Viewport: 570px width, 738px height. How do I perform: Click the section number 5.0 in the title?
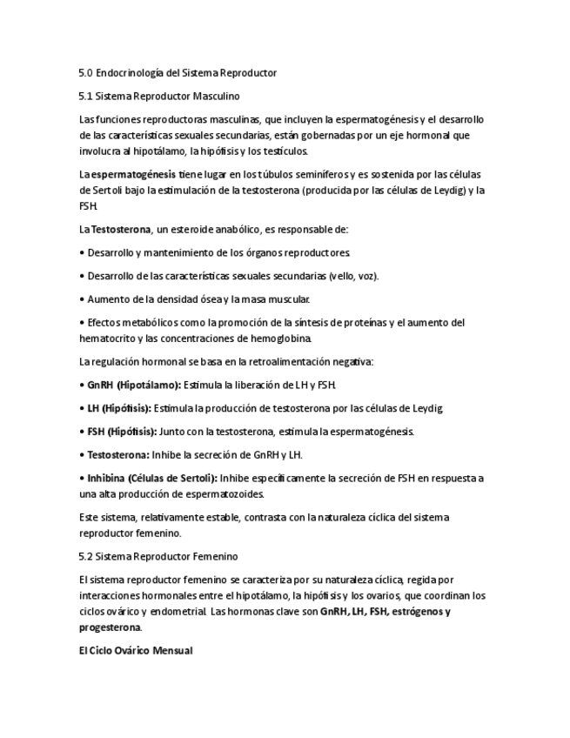[x=85, y=73]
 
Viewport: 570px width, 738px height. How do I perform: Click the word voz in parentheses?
[x=365, y=276]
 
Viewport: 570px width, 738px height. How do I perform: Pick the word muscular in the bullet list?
[x=287, y=299]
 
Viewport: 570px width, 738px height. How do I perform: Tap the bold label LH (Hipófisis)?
[x=119, y=407]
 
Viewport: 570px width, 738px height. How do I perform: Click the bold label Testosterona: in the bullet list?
[x=118, y=454]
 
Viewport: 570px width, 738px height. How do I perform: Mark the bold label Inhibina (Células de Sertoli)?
[x=152, y=478]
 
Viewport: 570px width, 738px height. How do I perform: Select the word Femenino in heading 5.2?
[x=213, y=556]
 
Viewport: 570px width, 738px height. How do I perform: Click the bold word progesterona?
[x=111, y=627]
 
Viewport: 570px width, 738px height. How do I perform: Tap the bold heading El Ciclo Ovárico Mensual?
[x=135, y=650]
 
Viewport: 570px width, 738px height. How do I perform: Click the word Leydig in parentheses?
[x=447, y=190]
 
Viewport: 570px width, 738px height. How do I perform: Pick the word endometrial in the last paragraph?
[x=178, y=611]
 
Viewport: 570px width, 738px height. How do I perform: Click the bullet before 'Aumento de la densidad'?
[x=82, y=299]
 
